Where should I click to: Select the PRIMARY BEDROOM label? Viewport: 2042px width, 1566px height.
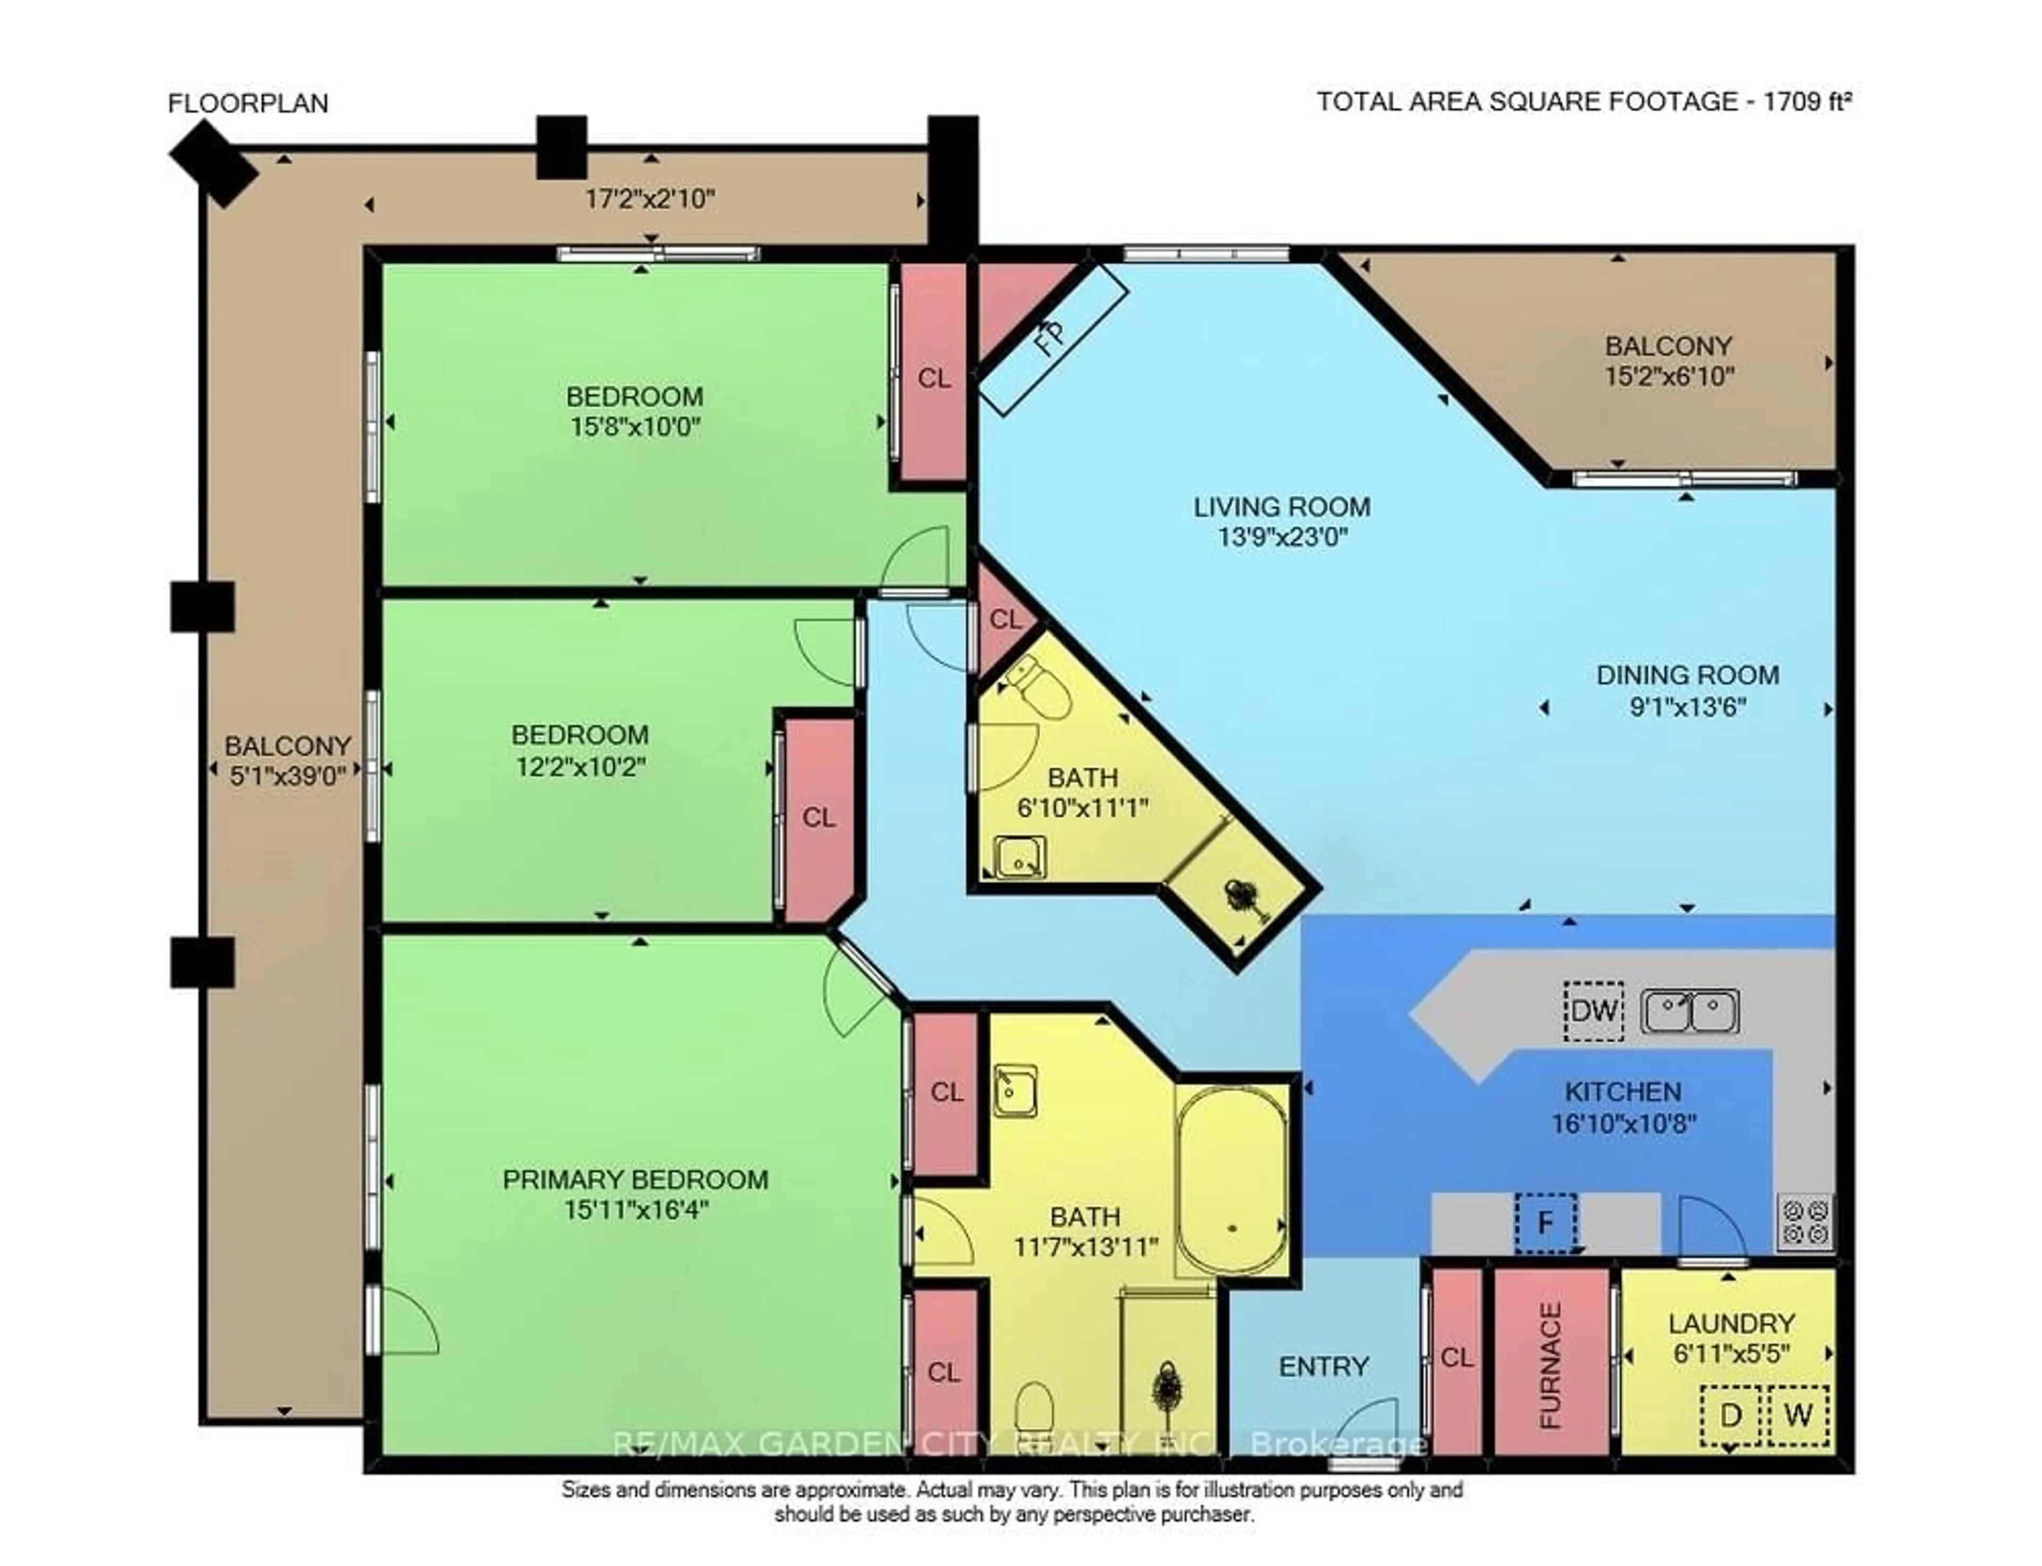point(635,1179)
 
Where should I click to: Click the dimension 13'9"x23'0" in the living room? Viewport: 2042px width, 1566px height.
point(1283,538)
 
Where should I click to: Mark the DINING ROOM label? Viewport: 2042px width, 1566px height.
point(1687,675)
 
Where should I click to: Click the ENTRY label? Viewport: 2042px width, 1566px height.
point(1324,1367)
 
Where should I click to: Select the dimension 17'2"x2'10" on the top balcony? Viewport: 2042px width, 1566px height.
point(650,198)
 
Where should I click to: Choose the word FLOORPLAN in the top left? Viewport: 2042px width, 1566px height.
point(248,103)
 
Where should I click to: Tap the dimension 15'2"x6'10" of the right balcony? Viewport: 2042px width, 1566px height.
point(1668,376)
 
